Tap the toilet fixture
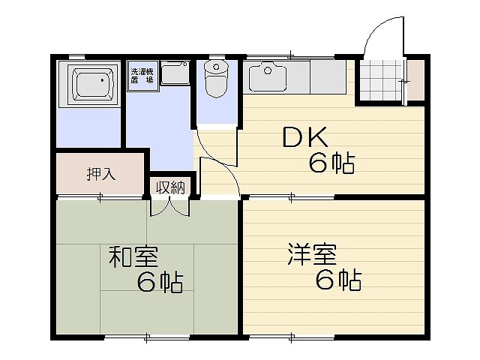pos(215,79)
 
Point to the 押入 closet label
pos(100,174)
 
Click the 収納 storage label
pos(171,187)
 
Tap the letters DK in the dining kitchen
pos(304,137)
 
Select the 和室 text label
pos(133,257)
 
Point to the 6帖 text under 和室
pos(160,283)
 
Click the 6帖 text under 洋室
pos(338,280)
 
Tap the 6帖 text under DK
pos(332,162)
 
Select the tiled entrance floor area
pos(379,79)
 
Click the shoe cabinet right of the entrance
pos(415,79)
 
